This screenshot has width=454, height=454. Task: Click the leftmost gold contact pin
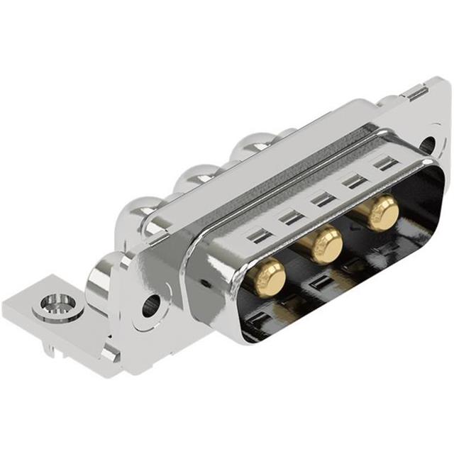[x=269, y=275]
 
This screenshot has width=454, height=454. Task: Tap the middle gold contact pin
[x=326, y=243]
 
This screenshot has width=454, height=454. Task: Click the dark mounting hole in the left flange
[x=151, y=306]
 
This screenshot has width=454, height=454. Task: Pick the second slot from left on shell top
[x=292, y=218]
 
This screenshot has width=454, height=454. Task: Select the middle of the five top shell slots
[x=323, y=199]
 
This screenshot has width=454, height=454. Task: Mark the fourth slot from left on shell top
[x=355, y=181]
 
